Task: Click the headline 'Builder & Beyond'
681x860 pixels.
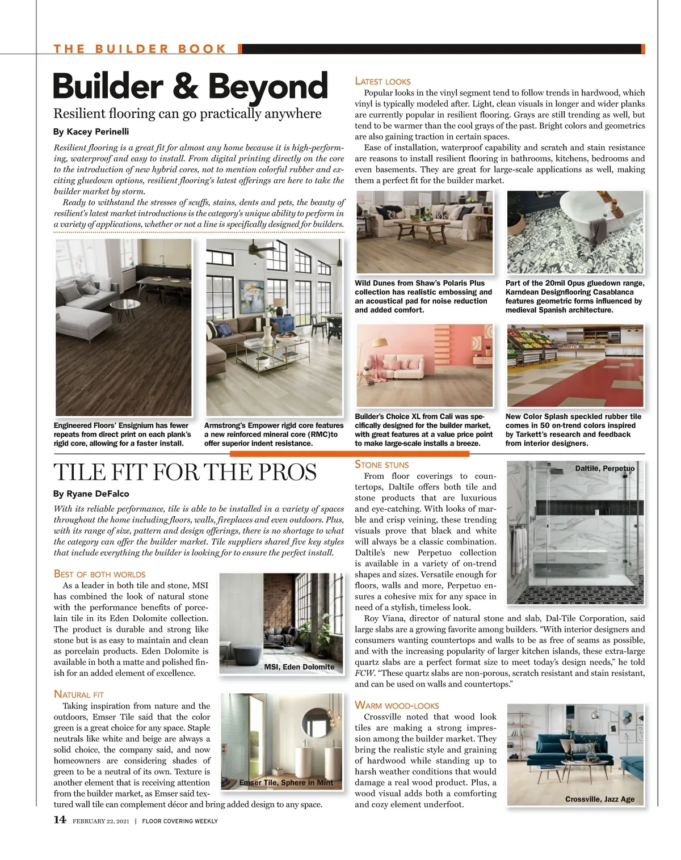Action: pos(190,86)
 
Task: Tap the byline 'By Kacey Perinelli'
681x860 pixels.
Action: pos(91,132)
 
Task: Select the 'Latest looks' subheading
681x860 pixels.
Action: pos(382,81)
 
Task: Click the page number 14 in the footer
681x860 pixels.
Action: pos(60,819)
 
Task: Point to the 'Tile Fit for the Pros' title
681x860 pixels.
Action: pos(185,472)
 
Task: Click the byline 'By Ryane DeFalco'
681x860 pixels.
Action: pos(91,494)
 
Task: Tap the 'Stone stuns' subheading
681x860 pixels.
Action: pos(381,465)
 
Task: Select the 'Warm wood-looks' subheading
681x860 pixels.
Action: pos(397,705)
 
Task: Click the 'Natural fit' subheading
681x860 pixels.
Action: pos(79,694)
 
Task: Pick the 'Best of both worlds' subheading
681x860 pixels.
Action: pos(99,574)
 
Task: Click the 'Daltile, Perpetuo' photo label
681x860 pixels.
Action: pos(605,469)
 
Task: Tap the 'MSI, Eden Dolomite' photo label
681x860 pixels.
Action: pos(299,667)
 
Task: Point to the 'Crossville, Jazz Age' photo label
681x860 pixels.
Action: pos(600,799)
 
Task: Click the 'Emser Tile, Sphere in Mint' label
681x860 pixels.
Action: pos(286,782)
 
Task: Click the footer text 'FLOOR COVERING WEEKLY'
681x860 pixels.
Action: pos(180,821)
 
